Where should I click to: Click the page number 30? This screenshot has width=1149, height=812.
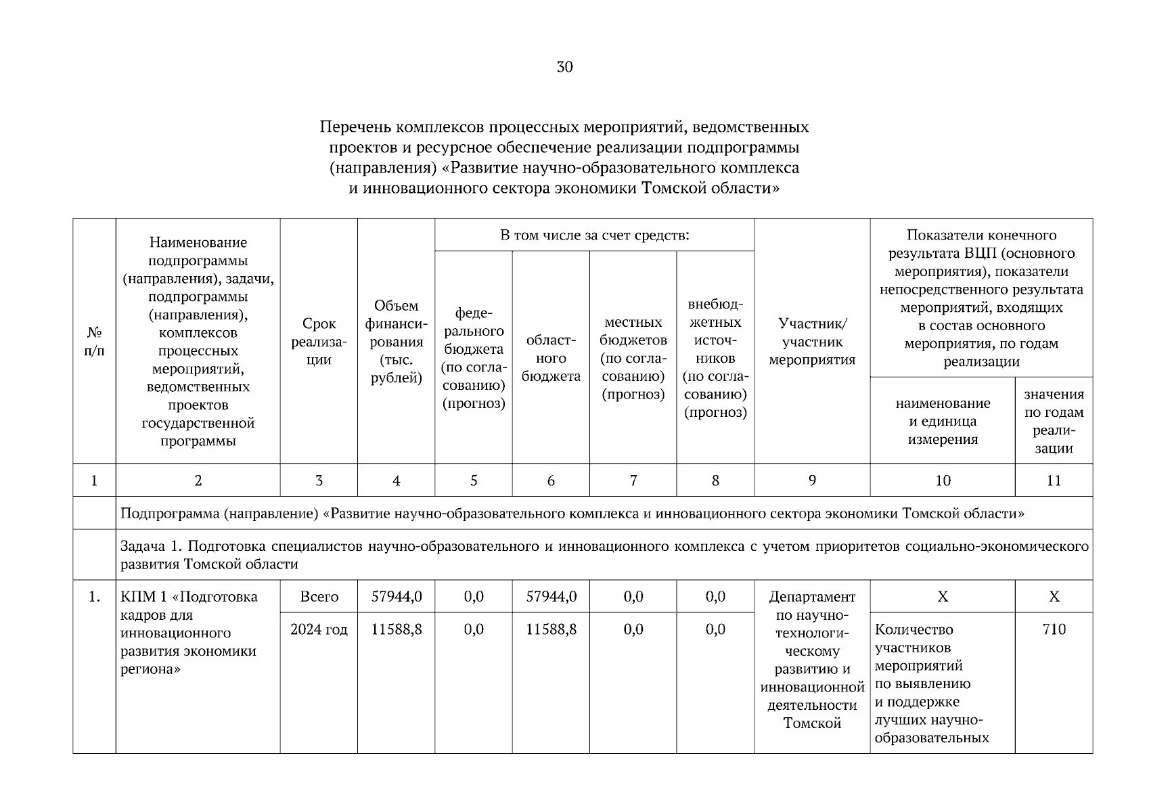coord(564,66)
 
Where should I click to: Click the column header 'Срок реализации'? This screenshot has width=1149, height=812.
coord(319,342)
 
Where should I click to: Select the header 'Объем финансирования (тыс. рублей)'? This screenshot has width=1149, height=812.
coord(396,342)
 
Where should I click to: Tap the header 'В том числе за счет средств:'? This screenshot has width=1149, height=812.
coord(594,235)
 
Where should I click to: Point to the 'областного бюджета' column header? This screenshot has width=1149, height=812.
coord(551,358)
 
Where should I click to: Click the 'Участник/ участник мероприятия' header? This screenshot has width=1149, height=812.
coord(812,342)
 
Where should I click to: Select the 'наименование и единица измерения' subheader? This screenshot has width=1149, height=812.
coord(942,421)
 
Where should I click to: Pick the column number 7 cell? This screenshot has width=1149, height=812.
coord(633,480)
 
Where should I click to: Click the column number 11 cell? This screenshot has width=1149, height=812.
coord(1054,480)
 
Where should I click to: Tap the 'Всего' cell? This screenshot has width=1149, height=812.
coord(319,597)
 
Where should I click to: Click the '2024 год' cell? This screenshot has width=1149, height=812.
coord(319,629)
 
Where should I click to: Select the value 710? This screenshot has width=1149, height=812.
coord(1054,629)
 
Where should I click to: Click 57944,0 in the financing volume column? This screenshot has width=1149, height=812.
coord(396,597)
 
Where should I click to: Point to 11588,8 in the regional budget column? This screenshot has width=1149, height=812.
coord(551,629)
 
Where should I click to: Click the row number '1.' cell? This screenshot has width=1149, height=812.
coord(94,597)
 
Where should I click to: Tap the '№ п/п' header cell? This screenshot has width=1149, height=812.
coord(94,342)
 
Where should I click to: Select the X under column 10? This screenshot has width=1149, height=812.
coord(942,597)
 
